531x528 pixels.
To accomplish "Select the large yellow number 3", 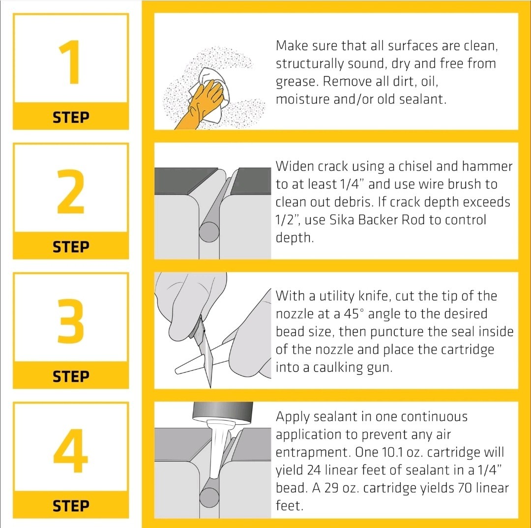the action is click(70, 321).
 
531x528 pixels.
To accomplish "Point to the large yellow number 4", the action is click(70, 450).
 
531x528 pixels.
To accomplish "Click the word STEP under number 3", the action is click(71, 376).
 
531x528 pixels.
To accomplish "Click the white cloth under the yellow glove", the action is click(210, 95).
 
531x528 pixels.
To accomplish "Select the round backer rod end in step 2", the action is click(209, 232).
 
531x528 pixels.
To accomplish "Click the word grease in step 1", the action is click(297, 82).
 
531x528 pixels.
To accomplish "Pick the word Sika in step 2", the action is click(342, 220).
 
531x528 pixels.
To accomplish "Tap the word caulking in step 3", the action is click(337, 368).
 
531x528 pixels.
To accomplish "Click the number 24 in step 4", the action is click(314, 470).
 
